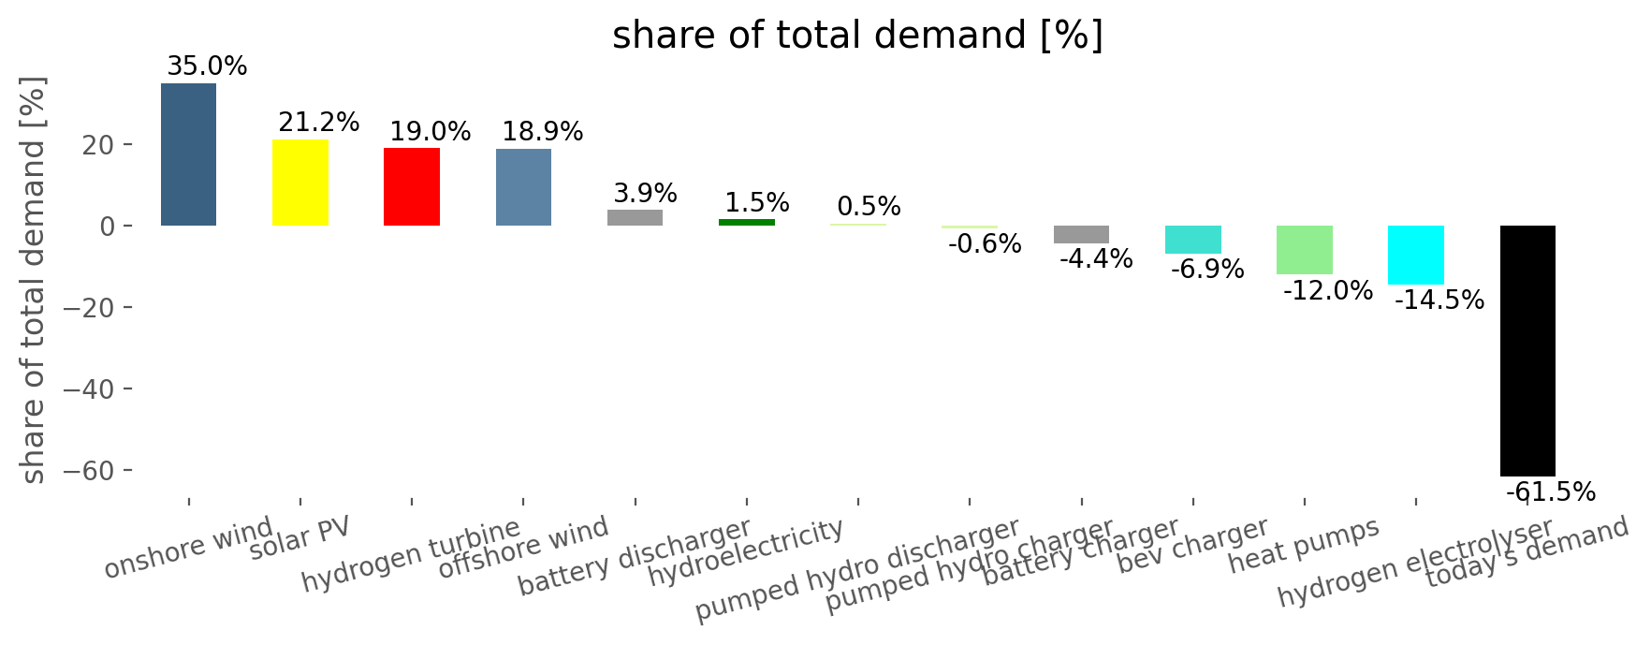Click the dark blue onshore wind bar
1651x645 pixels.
click(x=188, y=154)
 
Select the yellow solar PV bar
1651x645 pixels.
click(x=300, y=183)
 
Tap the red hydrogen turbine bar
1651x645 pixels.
click(x=412, y=187)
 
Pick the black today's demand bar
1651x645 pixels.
click(x=1527, y=351)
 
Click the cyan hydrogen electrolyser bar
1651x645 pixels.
click(x=1416, y=255)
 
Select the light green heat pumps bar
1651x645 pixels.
click(x=1305, y=250)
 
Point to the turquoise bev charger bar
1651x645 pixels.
click(x=1193, y=240)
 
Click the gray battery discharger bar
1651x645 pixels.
click(x=636, y=217)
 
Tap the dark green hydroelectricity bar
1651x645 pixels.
click(x=747, y=222)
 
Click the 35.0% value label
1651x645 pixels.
click(x=207, y=66)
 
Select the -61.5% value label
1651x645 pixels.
click(x=1551, y=492)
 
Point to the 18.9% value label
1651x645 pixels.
click(x=543, y=132)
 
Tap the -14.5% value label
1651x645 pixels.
click(x=1439, y=301)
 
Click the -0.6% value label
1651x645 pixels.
click(x=985, y=245)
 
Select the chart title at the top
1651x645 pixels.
click(x=857, y=36)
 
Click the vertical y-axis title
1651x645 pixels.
click(x=34, y=280)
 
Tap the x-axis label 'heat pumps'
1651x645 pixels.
click(x=1304, y=546)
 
